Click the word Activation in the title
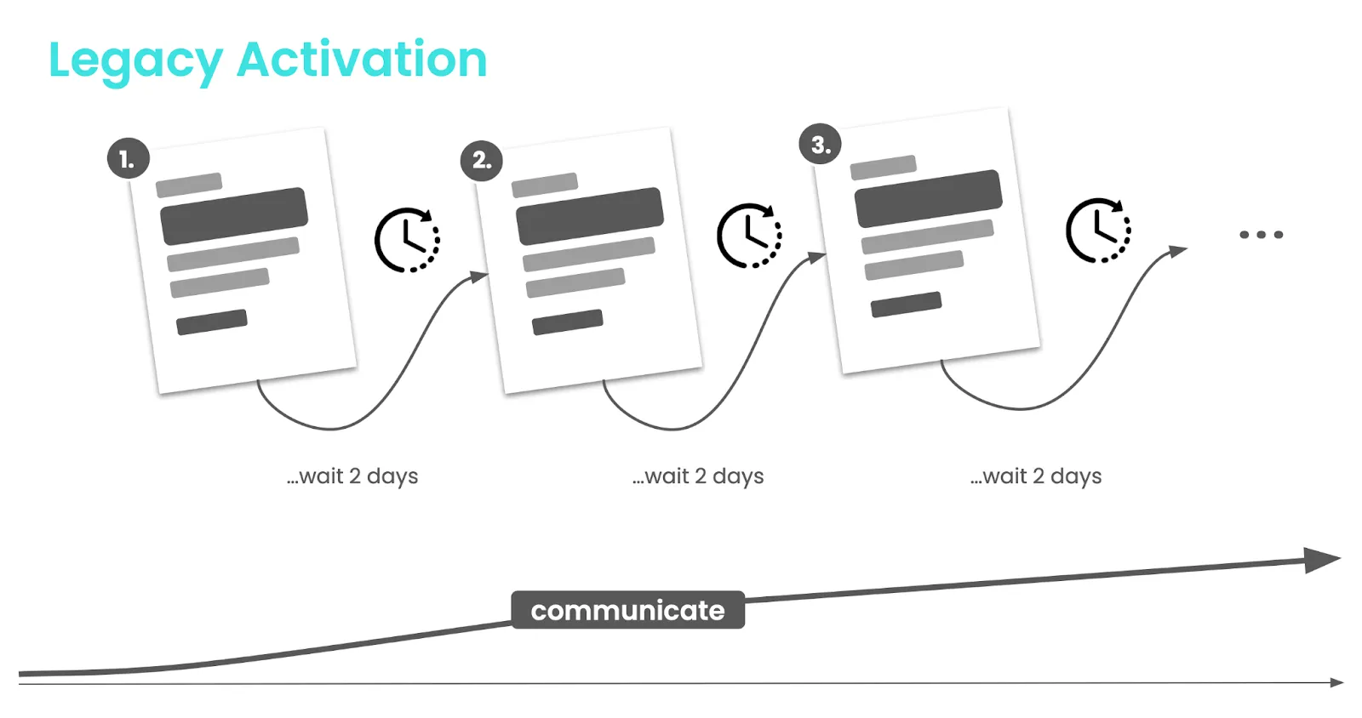coord(362,59)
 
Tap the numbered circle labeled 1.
coord(129,158)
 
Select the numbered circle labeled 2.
coord(482,161)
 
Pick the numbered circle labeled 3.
coord(821,145)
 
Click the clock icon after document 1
coord(407,240)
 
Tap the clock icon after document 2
coord(749,236)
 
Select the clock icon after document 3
coord(1098,231)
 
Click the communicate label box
coord(627,610)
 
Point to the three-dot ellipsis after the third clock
coord(1261,235)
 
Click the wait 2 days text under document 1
coord(352,476)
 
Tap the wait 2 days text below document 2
coord(698,476)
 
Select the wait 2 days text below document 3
coord(1036,476)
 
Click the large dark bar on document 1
coord(234,216)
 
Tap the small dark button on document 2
coord(567,322)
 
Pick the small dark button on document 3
coord(906,305)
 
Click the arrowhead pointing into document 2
coord(479,277)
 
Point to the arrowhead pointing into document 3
coord(816,257)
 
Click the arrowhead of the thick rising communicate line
coord(1322,560)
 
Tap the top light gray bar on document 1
coord(189,185)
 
